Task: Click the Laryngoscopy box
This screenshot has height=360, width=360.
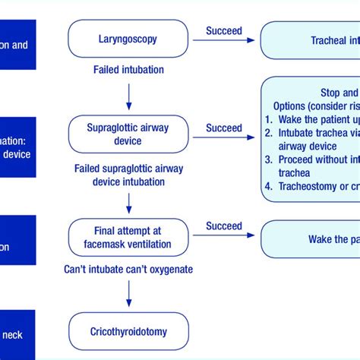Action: pos(128,38)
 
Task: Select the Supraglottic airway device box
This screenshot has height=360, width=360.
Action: pos(128,135)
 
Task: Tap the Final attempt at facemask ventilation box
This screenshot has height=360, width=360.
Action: pos(128,238)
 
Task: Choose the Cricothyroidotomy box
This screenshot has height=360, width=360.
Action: pos(128,331)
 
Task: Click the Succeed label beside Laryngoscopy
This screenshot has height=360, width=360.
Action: pos(224,31)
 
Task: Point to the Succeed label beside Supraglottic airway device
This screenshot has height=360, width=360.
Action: pos(224,128)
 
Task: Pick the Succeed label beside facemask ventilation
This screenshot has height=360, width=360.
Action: pos(224,226)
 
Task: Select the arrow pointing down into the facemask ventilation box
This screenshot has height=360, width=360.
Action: pos(128,202)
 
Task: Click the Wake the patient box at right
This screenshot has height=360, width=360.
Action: pos(311,238)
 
